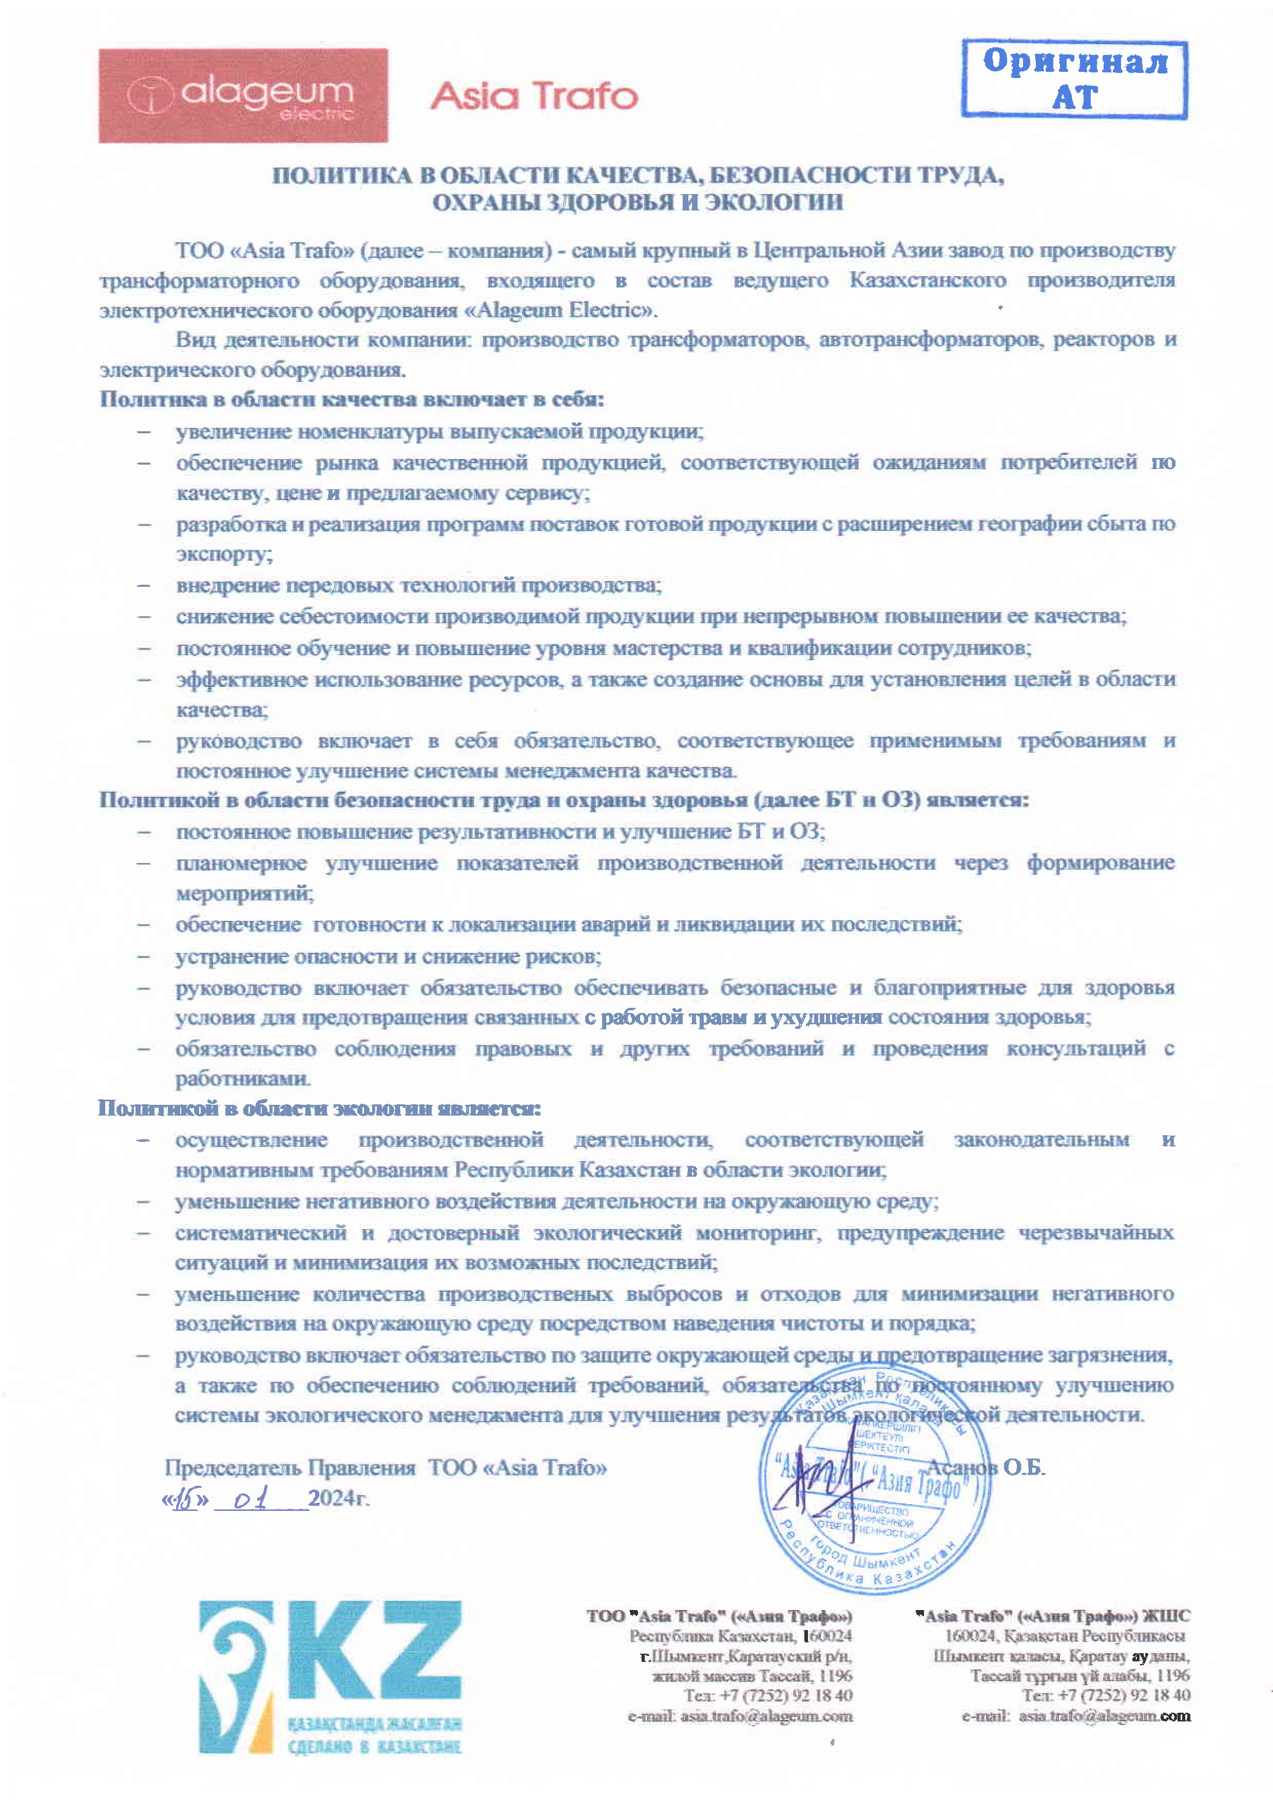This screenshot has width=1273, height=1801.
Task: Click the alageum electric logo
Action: pyautogui.click(x=242, y=95)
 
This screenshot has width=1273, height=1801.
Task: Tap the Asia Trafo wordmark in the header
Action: pyautogui.click(x=533, y=95)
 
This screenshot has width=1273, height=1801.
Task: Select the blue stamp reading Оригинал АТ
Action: pyautogui.click(x=1074, y=80)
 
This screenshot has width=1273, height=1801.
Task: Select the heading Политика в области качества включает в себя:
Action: pyautogui.click(x=352, y=399)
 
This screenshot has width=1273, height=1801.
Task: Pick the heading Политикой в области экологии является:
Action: pyautogui.click(x=319, y=1108)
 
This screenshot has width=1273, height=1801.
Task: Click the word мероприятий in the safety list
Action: pyautogui.click(x=244, y=893)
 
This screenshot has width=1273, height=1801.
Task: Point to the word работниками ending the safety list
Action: pyautogui.click(x=243, y=1079)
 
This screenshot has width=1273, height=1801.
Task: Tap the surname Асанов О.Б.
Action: pyautogui.click(x=986, y=1467)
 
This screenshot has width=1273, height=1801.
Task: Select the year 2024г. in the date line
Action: pyautogui.click(x=339, y=1498)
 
